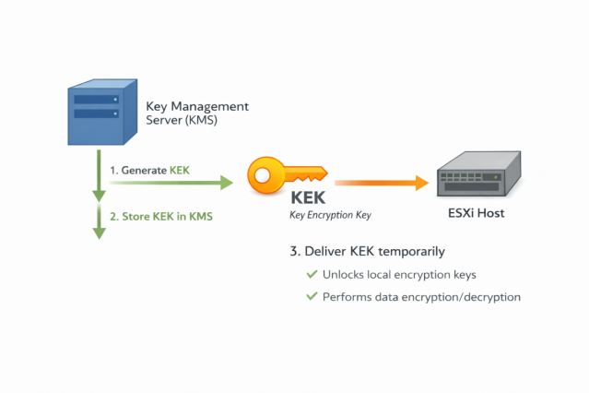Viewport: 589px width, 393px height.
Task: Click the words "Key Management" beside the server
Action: coord(196,107)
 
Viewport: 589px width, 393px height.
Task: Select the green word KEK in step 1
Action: coord(179,171)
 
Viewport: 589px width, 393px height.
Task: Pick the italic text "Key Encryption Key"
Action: coord(330,215)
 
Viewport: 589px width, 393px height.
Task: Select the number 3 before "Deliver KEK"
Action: coord(294,252)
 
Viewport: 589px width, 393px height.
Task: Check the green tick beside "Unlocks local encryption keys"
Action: coord(311,275)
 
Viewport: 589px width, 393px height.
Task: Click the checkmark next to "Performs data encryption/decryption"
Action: coord(311,297)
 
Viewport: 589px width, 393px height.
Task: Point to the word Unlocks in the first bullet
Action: coord(344,275)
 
